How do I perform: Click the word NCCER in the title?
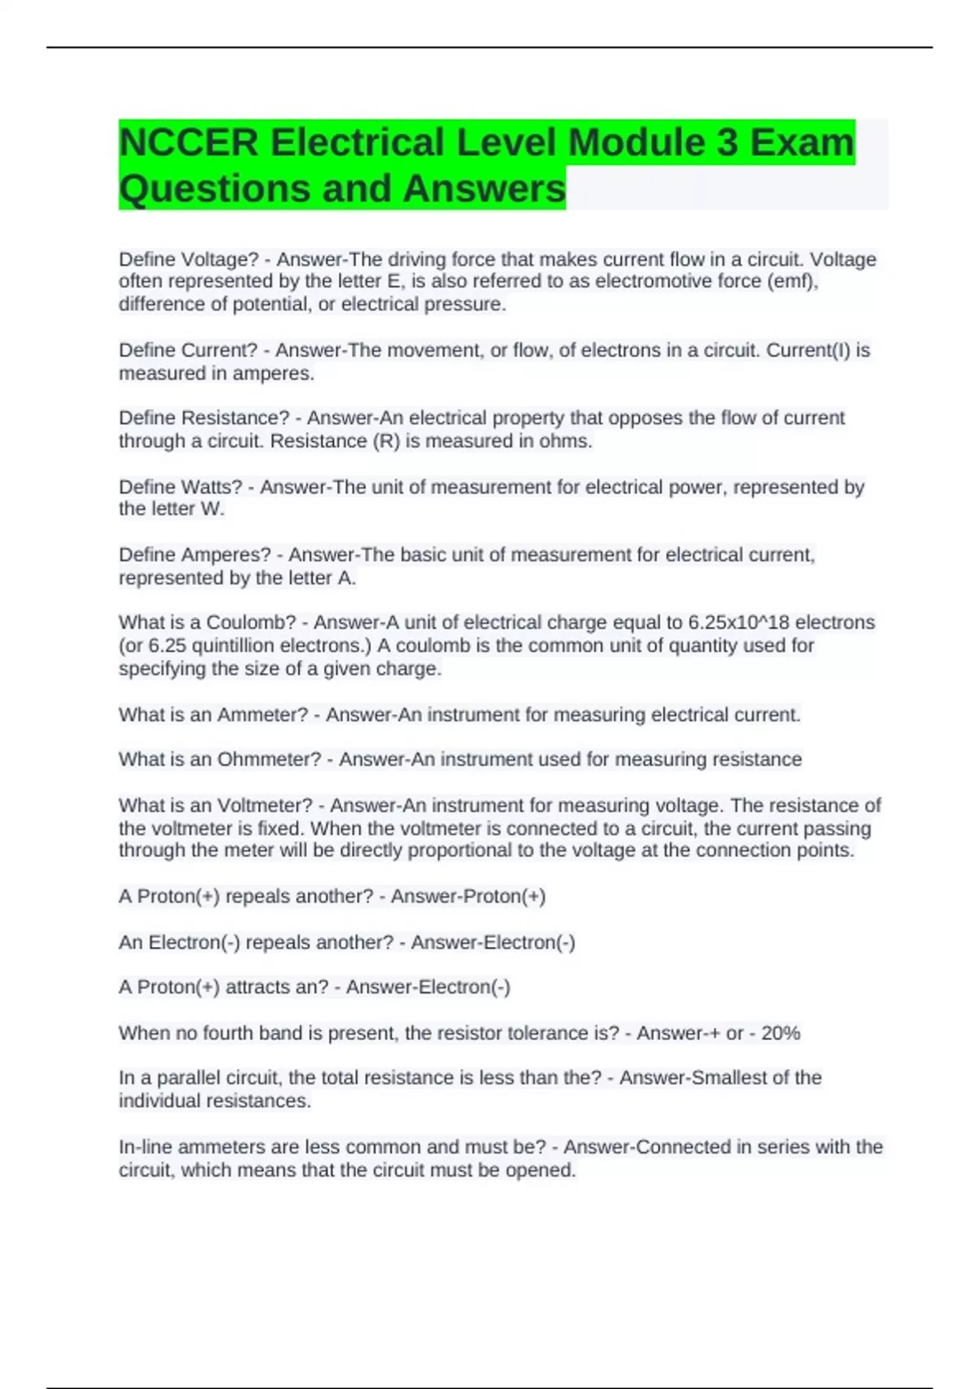(188, 142)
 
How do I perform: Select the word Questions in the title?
(214, 189)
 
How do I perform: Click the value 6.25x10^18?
(738, 623)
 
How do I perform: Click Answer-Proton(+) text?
(468, 896)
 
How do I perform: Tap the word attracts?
(257, 987)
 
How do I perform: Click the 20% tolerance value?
(780, 1033)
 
